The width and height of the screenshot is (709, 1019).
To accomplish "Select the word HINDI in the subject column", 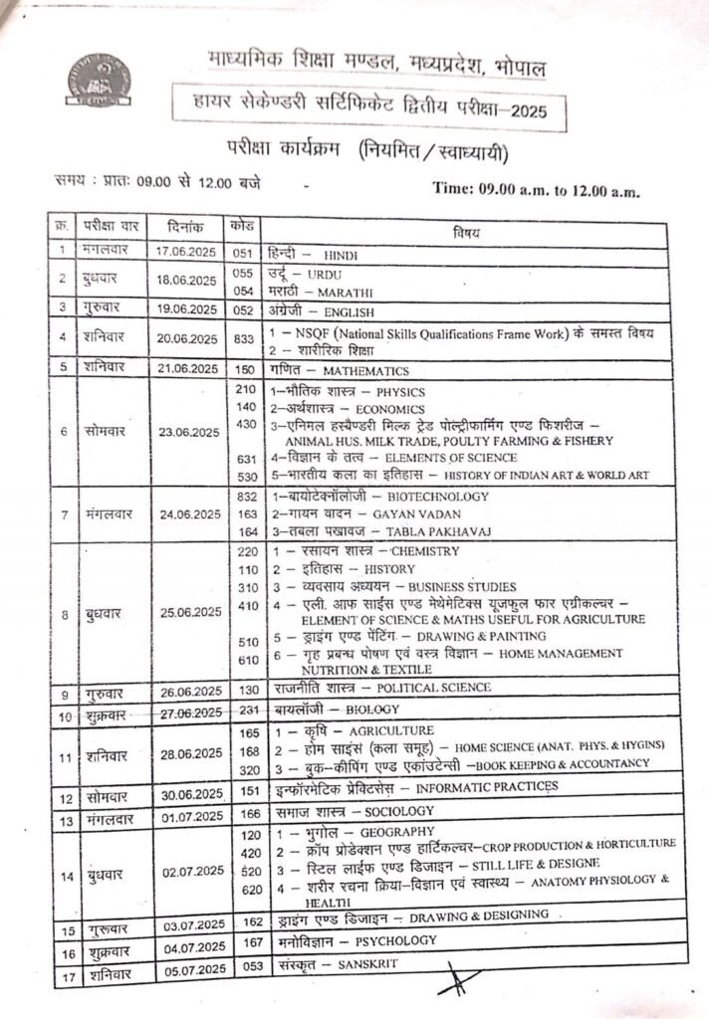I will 341,256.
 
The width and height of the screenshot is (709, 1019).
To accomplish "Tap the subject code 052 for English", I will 243,309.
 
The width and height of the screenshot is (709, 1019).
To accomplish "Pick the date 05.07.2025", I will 188,966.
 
